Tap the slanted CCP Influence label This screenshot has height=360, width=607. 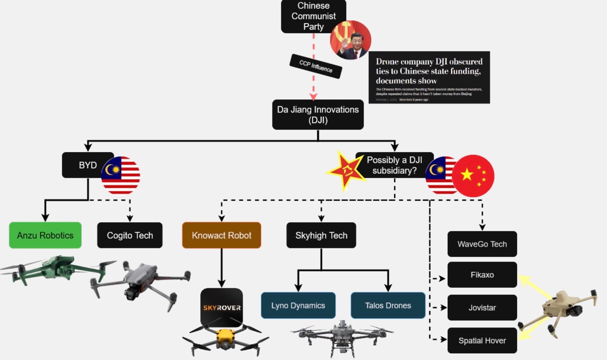(316, 66)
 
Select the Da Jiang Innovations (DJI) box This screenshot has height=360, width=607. (318, 115)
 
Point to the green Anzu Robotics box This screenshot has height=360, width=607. (45, 235)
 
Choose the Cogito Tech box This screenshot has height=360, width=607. (130, 235)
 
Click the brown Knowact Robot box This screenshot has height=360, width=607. (222, 235)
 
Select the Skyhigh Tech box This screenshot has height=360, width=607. (321, 235)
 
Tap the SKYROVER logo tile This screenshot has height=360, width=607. (222, 307)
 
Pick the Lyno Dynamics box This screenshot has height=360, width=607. (298, 305)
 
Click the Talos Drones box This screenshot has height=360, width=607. (388, 305)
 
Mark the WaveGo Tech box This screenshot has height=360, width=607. (482, 244)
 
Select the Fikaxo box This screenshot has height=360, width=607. (482, 275)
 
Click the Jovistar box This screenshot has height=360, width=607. (482, 308)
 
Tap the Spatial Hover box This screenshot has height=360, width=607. (482, 341)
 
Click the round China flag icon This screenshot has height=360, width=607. (474, 176)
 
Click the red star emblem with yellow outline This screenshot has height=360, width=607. (346, 170)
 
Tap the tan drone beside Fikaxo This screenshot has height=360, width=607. (561, 311)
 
